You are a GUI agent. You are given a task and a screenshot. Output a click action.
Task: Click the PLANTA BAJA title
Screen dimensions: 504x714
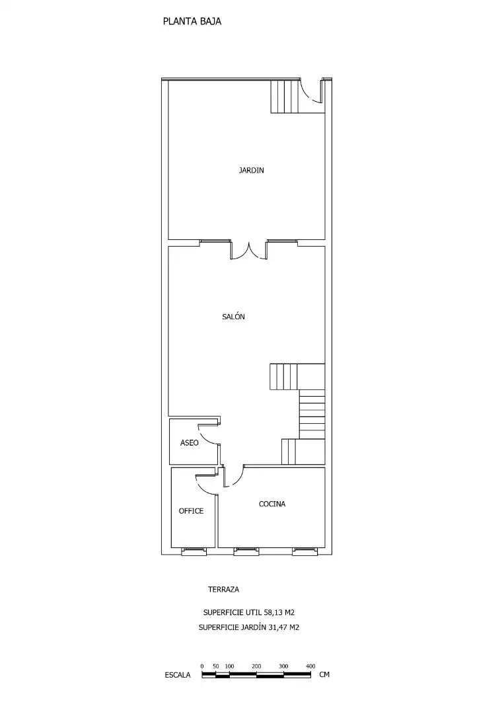(x=192, y=21)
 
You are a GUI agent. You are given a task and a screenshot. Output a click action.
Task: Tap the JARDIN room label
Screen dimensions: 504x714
(x=251, y=171)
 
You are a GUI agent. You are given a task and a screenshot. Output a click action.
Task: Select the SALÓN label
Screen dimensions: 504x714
(x=233, y=317)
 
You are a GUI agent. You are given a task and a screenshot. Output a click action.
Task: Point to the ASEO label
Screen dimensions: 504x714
(x=189, y=442)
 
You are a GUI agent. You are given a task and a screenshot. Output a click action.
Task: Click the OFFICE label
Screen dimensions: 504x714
(x=191, y=511)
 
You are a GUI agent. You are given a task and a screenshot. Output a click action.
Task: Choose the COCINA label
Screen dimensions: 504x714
(x=272, y=504)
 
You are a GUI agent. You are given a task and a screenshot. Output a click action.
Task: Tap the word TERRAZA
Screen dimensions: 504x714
(x=223, y=589)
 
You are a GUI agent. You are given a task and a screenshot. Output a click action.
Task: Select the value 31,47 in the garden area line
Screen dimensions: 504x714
(x=278, y=627)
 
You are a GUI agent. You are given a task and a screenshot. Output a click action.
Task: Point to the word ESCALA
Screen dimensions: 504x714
(x=178, y=675)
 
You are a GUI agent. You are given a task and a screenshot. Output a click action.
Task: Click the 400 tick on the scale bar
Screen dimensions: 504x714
(x=310, y=666)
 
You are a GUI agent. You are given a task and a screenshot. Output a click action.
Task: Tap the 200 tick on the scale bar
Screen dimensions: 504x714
(x=256, y=666)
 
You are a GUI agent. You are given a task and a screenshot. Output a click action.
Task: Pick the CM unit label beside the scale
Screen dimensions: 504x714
(x=324, y=674)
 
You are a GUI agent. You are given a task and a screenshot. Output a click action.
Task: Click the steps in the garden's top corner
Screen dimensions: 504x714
(x=285, y=96)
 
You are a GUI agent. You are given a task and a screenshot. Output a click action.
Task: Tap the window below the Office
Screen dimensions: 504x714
(x=194, y=552)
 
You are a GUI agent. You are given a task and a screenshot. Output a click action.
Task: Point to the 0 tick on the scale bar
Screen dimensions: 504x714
(x=202, y=666)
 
